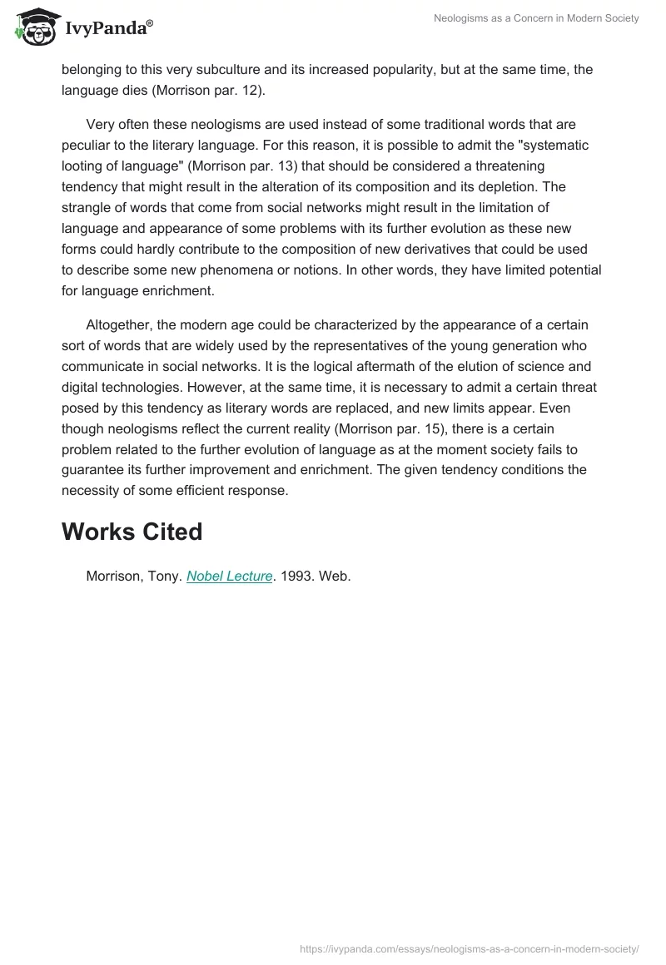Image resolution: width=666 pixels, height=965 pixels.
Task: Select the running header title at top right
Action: click(x=536, y=18)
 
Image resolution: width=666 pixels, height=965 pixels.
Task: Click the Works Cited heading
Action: click(x=132, y=532)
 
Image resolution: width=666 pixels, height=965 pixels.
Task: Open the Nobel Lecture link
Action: click(x=230, y=576)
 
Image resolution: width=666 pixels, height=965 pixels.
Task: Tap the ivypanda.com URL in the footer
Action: click(x=469, y=948)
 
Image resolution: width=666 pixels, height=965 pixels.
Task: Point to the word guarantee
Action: click(x=92, y=469)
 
